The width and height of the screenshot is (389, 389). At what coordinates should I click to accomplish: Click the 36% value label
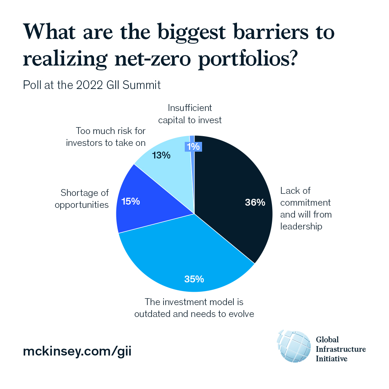[x=255, y=203]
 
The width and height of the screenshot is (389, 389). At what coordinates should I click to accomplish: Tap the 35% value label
[x=194, y=279]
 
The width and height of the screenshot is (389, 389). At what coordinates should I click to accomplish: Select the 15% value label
[x=130, y=201]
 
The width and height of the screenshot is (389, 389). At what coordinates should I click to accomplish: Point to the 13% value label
[x=161, y=156]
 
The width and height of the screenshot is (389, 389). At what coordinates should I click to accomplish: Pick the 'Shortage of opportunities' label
[x=84, y=199]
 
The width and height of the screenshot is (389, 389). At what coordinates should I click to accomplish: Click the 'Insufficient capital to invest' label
[x=190, y=114]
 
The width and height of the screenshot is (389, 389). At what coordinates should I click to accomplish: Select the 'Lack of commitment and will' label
[x=305, y=209]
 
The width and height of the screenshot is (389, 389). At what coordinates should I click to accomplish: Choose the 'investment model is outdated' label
[x=194, y=308]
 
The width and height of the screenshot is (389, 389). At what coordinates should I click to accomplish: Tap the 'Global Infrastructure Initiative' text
[x=340, y=349]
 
